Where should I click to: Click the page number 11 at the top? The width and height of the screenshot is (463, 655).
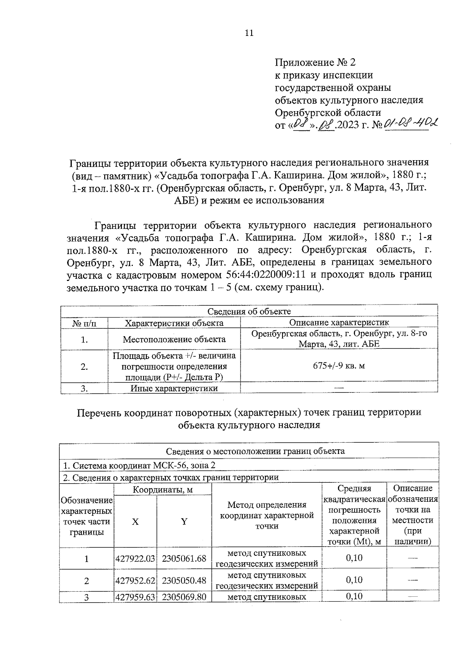click(x=249, y=33)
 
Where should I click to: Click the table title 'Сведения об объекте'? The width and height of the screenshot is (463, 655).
click(x=249, y=311)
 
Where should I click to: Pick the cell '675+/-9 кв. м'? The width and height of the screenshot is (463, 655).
click(x=339, y=366)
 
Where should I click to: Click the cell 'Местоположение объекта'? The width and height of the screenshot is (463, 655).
click(x=174, y=339)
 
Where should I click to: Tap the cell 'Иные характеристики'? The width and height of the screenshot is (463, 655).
click(x=174, y=388)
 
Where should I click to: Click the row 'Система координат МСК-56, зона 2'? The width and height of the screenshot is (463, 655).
click(x=139, y=465)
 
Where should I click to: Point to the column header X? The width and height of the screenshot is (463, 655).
click(x=135, y=522)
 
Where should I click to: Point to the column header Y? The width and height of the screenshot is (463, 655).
click(x=184, y=522)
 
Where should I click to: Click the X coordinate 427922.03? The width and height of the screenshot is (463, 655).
click(x=135, y=559)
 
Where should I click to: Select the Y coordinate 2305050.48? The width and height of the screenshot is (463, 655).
click(x=184, y=581)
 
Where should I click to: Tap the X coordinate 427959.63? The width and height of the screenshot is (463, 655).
click(x=135, y=597)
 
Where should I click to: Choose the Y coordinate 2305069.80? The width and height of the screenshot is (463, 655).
click(x=184, y=597)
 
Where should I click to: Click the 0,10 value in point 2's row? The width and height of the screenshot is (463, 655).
click(x=354, y=580)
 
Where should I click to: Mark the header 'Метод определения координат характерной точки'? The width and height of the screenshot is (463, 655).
click(x=267, y=515)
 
